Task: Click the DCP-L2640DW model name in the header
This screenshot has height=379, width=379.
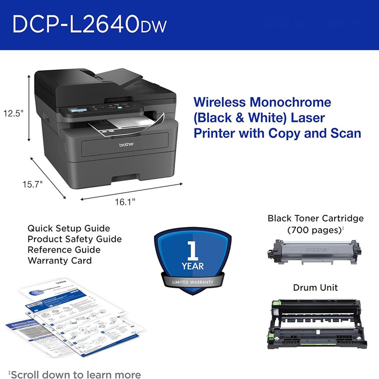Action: (x=89, y=25)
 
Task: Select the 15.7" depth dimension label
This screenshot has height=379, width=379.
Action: (x=32, y=185)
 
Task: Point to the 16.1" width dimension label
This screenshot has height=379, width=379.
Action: (x=125, y=202)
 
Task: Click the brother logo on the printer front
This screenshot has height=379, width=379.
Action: (x=127, y=144)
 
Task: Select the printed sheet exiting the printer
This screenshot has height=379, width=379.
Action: (x=125, y=125)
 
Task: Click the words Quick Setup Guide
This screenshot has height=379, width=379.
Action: (x=69, y=229)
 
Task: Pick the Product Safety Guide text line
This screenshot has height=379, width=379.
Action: (x=74, y=239)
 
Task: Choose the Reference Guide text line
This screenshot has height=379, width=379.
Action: (x=64, y=250)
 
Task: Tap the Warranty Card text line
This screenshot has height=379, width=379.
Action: (x=60, y=260)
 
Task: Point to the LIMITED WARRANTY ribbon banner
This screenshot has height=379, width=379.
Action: (x=193, y=282)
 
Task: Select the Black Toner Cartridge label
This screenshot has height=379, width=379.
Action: (x=315, y=218)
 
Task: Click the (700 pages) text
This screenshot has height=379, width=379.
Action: (x=315, y=230)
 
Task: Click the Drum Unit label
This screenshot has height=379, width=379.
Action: (x=315, y=288)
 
